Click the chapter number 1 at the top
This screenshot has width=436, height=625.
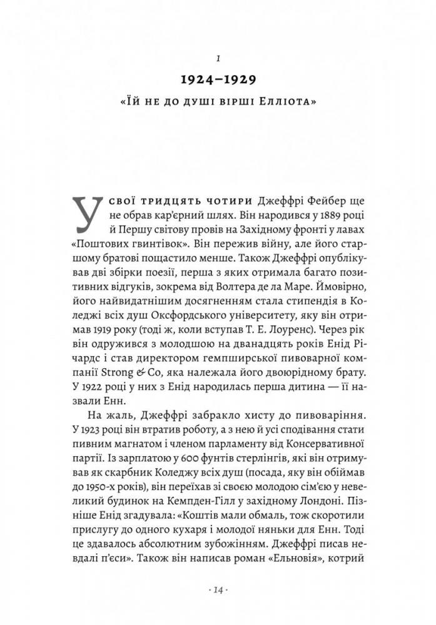(217, 58)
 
